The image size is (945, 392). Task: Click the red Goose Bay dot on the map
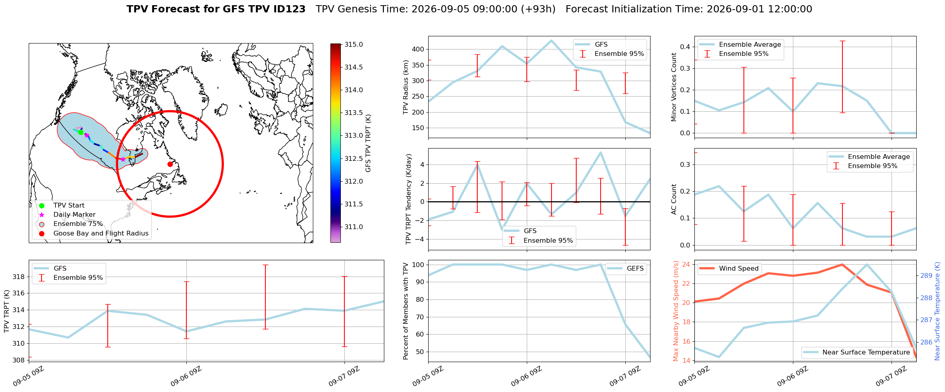click(170, 164)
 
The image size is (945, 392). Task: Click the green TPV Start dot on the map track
click(81, 132)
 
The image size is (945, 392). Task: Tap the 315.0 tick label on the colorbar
click(354, 44)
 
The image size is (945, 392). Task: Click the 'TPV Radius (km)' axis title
click(406, 87)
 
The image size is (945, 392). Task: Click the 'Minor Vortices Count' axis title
click(674, 87)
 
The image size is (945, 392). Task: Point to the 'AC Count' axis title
click(674, 199)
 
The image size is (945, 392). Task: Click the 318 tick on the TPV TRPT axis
click(19, 277)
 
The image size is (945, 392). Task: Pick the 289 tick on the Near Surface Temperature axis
click(926, 275)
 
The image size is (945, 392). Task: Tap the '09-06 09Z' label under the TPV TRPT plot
click(186, 376)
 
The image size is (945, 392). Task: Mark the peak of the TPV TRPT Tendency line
click(601, 152)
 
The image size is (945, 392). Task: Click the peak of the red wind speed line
click(842, 264)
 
